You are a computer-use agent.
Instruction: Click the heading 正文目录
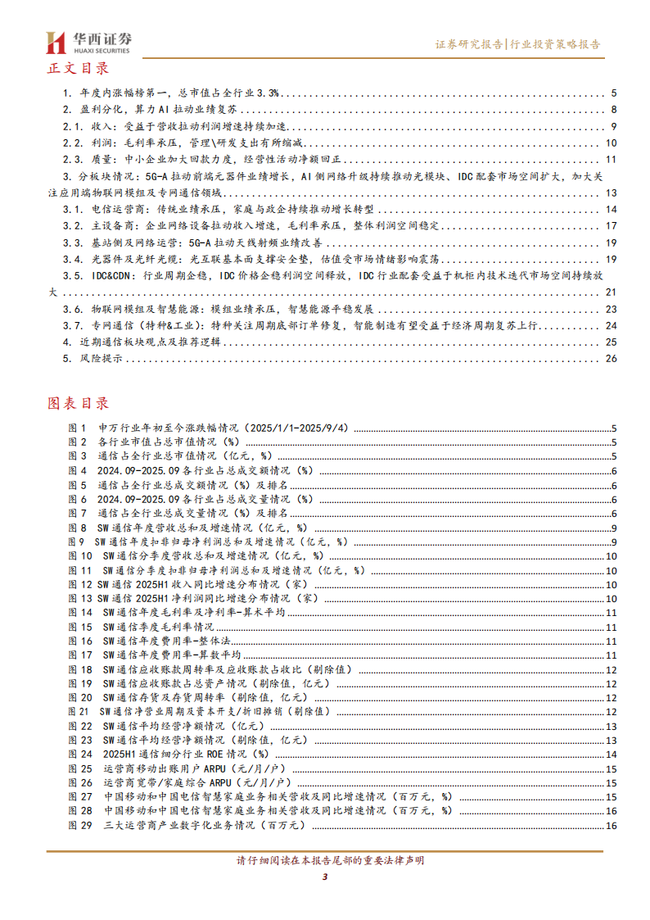click(x=79, y=69)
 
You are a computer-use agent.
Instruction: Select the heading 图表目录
click(x=79, y=403)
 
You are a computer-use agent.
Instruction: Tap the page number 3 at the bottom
click(x=325, y=878)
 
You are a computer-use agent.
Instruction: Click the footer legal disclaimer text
click(x=325, y=861)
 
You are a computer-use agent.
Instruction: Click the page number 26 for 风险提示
click(x=610, y=359)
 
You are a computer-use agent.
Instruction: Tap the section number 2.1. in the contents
click(x=74, y=126)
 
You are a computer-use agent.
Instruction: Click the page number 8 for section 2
click(x=613, y=110)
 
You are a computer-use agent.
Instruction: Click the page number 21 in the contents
click(x=610, y=292)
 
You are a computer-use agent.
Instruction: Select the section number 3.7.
click(x=74, y=325)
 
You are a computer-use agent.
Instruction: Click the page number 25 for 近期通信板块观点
click(x=610, y=342)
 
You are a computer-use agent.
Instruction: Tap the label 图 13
click(x=81, y=598)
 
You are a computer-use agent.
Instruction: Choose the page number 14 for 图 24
click(x=611, y=754)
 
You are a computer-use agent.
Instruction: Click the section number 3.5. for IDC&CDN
click(x=74, y=275)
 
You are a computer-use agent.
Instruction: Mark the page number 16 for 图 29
click(x=611, y=825)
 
